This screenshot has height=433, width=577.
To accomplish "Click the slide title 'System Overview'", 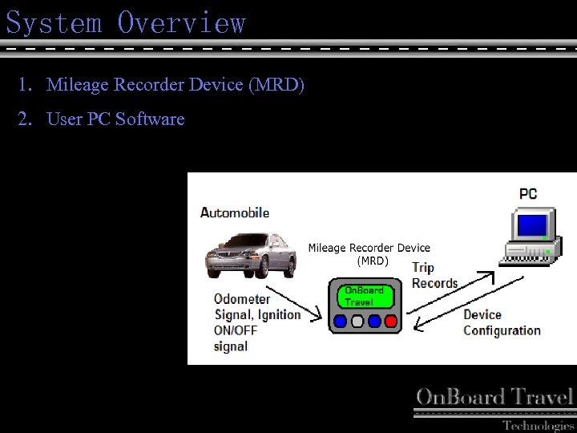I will pos(126,22).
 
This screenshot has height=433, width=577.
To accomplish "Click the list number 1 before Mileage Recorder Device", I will pos(25,84).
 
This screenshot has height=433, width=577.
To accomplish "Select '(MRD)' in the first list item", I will pos(276,84).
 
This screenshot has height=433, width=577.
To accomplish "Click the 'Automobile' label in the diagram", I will pos(234,212).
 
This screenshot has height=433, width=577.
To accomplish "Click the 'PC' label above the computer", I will pos(528,193).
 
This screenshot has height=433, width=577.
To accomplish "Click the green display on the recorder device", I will pos(365,296).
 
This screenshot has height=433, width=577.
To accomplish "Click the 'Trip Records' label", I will pos(434,275).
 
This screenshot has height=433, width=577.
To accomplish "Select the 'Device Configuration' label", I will pos(501,322).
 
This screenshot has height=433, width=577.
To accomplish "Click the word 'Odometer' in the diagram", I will pos(242,299).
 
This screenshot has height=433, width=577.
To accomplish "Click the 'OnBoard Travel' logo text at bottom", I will pos(494,397).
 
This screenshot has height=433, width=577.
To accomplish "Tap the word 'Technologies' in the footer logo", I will pos(538,425).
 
